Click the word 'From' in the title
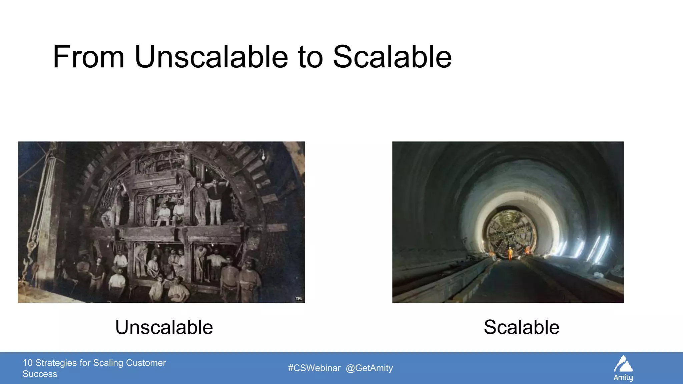(88, 57)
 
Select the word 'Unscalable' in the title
(211, 57)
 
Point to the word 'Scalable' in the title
(392, 57)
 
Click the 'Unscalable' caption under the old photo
(164, 327)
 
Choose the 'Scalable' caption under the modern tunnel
(522, 327)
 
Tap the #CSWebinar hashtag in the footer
(314, 368)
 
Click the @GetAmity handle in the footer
(369, 368)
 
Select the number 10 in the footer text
(28, 363)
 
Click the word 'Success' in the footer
(40, 374)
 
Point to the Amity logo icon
(623, 364)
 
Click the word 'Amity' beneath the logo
(623, 378)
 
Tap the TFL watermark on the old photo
(299, 299)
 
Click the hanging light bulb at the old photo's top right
(263, 155)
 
